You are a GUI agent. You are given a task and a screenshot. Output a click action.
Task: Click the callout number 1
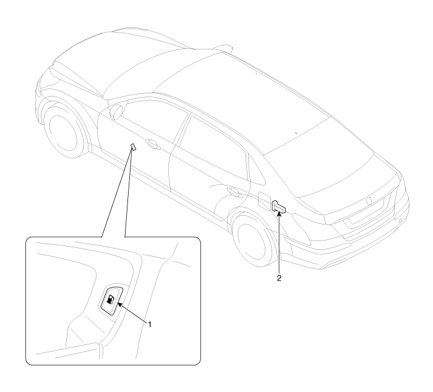coord(150,325)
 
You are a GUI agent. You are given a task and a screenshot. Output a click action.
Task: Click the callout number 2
coord(279,278)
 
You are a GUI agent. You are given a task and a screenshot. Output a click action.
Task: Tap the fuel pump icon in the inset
coord(110,300)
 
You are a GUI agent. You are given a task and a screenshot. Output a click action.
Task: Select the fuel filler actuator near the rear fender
coord(279,207)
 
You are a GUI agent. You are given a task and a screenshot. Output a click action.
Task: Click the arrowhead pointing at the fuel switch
coord(120,304)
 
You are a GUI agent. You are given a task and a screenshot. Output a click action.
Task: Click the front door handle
coord(152,144)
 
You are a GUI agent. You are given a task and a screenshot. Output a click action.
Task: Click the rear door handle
coord(234,192)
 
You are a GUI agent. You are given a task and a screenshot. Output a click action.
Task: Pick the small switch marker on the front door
coord(134,147)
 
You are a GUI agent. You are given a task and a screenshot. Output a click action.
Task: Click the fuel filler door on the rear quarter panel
coord(265,201)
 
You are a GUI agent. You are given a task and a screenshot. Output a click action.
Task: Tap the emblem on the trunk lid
coord(369,201)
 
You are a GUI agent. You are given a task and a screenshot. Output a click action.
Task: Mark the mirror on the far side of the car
coord(221,48)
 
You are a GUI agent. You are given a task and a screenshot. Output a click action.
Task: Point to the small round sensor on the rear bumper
coord(400,221)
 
